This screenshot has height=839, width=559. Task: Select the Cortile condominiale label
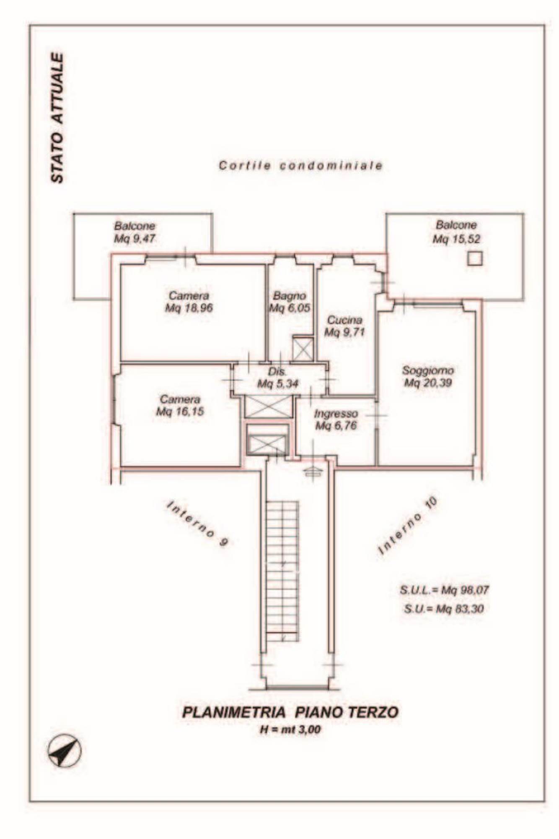300,166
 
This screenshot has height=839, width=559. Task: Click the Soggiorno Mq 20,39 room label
428,377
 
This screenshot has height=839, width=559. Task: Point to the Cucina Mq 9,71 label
345,326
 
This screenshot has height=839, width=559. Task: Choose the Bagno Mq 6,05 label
290,302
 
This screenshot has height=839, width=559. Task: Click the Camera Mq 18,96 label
189,302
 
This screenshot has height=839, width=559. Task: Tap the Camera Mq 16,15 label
180,405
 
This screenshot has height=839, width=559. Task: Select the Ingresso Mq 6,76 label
336,419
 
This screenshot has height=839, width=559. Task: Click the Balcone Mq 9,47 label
135,232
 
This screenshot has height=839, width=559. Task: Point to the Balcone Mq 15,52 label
456,232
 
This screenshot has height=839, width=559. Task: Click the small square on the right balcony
475,258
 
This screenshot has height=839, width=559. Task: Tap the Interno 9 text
198,523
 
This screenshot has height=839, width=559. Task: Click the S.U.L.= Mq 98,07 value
444,590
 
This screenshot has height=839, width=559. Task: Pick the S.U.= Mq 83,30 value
444,608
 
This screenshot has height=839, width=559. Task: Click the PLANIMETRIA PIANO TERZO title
290,712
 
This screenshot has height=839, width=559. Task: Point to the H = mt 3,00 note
290,730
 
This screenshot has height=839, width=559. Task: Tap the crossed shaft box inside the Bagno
303,348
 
